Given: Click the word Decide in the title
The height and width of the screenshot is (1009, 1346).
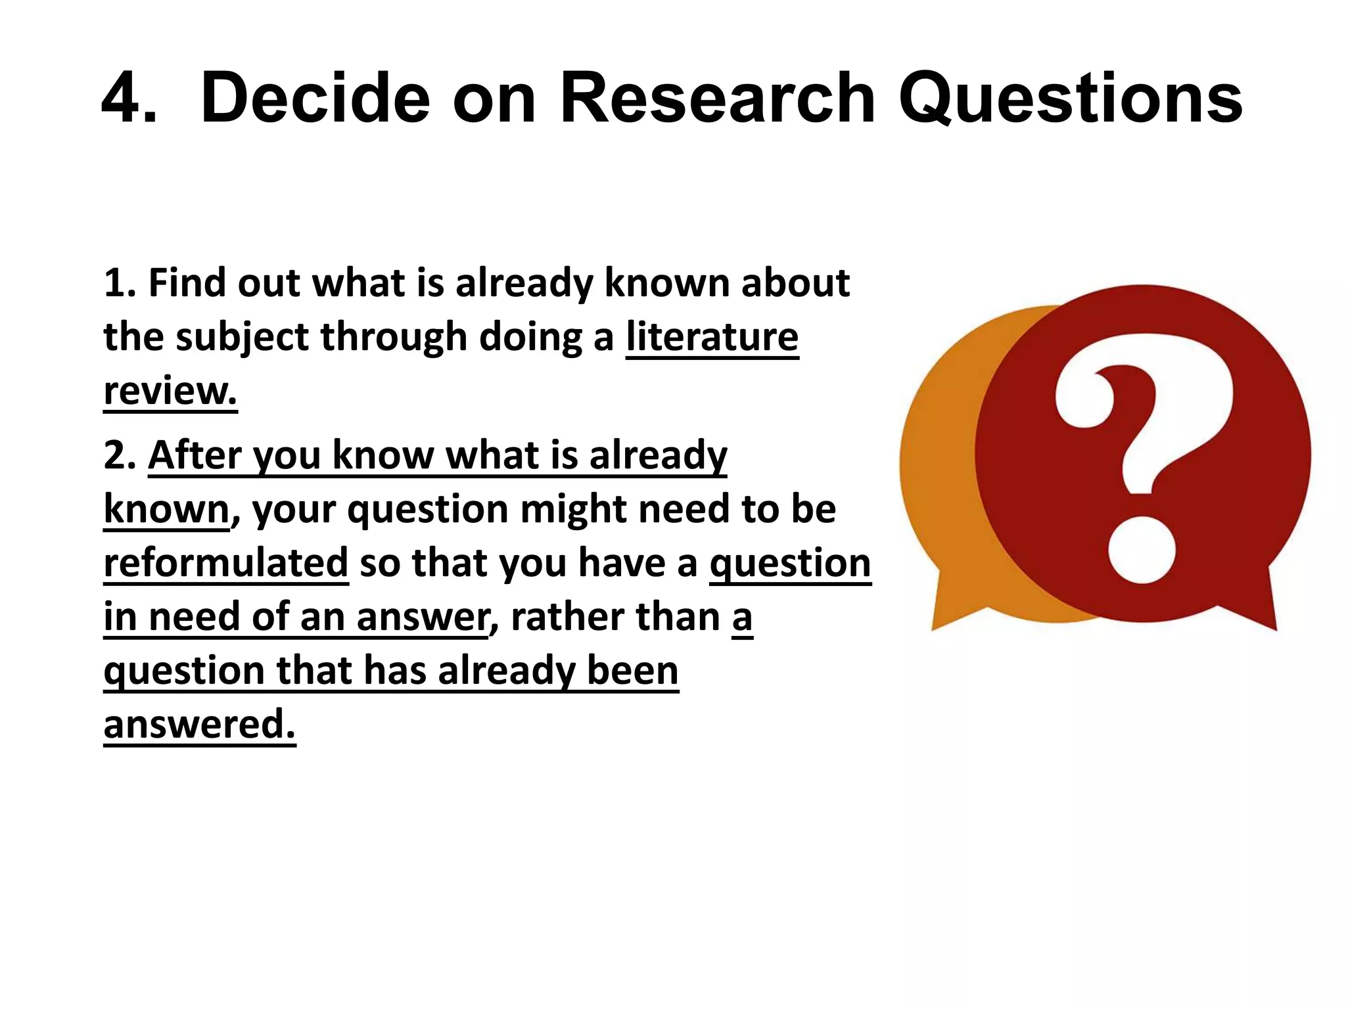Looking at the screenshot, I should tap(314, 99).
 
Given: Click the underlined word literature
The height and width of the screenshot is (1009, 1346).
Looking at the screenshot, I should tap(712, 337).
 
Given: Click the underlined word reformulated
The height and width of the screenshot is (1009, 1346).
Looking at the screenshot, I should tap(225, 563).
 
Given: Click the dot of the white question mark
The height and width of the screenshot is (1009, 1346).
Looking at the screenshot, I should tap(1142, 549).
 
